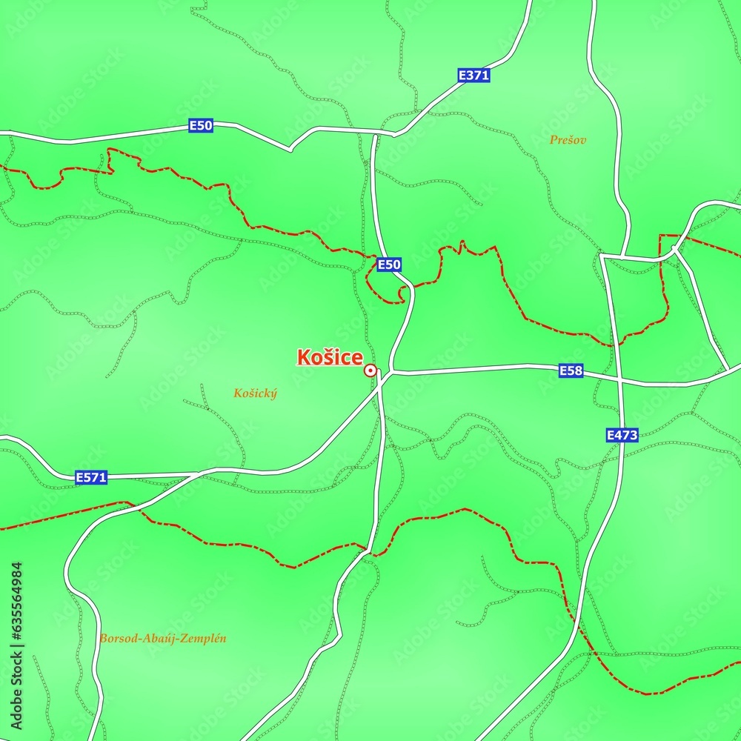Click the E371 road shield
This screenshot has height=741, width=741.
point(474,75)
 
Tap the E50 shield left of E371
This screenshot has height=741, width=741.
point(201,125)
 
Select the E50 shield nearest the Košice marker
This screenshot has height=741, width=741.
point(389,265)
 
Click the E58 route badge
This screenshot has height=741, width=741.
point(571,370)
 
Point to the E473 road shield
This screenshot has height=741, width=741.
point(622,435)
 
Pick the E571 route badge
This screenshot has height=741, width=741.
point(91,478)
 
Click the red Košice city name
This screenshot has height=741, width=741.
point(330,357)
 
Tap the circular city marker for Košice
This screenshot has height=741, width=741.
point(370,370)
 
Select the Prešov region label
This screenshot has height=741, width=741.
point(568,139)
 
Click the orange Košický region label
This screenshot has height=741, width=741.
point(255,393)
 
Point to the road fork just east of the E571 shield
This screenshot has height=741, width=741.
point(196,473)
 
